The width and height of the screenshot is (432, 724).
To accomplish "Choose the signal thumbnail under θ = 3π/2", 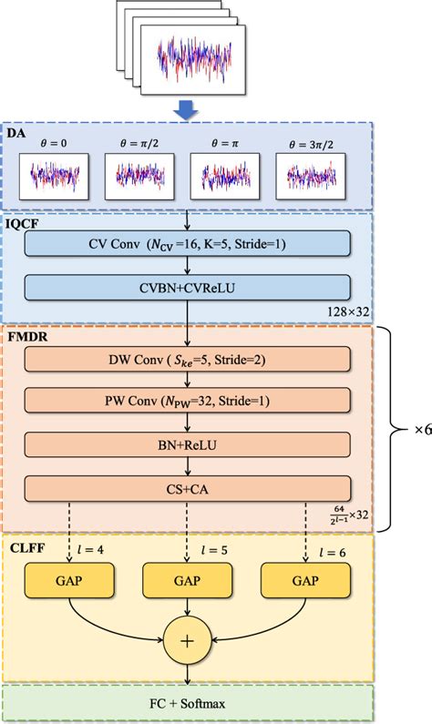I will (x=311, y=177).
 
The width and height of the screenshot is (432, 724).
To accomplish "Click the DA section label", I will (x=17, y=133).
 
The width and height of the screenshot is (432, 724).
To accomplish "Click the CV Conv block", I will (x=187, y=243).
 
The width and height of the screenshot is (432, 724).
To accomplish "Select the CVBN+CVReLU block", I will (x=187, y=287).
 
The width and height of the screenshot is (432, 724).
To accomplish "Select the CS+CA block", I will (x=187, y=487).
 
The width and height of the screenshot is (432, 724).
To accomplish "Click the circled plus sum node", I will (x=188, y=641).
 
